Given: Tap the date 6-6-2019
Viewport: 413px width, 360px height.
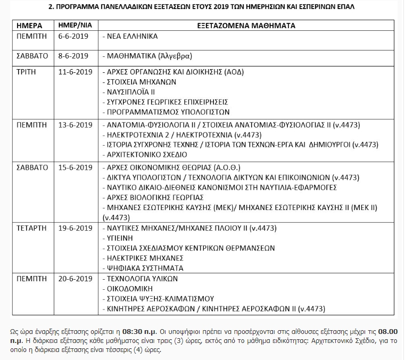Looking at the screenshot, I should pyautogui.click(x=73, y=37).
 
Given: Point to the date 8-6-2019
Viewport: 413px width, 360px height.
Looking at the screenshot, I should pyautogui.click(x=73, y=55).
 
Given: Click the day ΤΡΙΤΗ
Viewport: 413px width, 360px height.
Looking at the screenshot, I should pyautogui.click(x=26, y=72).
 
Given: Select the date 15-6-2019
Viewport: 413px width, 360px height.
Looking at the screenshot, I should pyautogui.click(x=76, y=167).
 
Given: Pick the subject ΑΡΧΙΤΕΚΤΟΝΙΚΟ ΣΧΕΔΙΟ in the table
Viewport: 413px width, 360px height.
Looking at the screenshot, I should pyautogui.click(x=146, y=154).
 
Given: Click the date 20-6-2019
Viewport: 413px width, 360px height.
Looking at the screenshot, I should pyautogui.click(x=76, y=278).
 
